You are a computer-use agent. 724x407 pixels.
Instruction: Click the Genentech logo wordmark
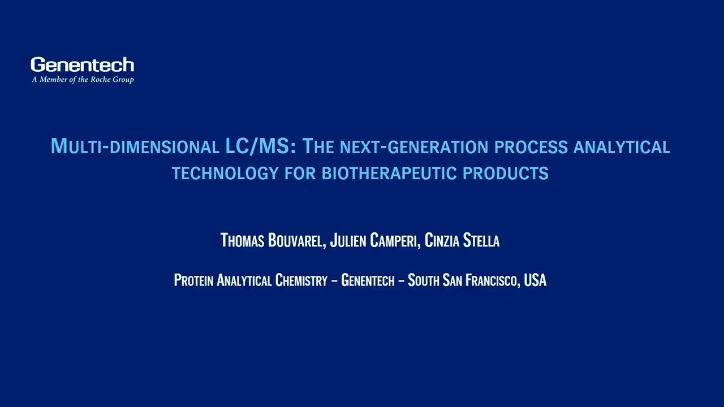point(82,65)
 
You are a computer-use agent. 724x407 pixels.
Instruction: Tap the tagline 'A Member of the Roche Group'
point(83,80)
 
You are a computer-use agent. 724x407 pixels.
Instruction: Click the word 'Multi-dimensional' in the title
point(135,146)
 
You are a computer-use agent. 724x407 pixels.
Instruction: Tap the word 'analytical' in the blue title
point(622,147)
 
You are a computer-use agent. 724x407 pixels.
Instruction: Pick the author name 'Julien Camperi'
point(374,241)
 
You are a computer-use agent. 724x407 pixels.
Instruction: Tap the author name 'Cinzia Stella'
point(462,241)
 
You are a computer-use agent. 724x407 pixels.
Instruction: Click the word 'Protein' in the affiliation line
point(193,280)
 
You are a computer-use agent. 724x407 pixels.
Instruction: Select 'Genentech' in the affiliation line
point(368,280)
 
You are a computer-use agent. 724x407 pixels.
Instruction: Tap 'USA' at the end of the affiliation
point(535,280)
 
